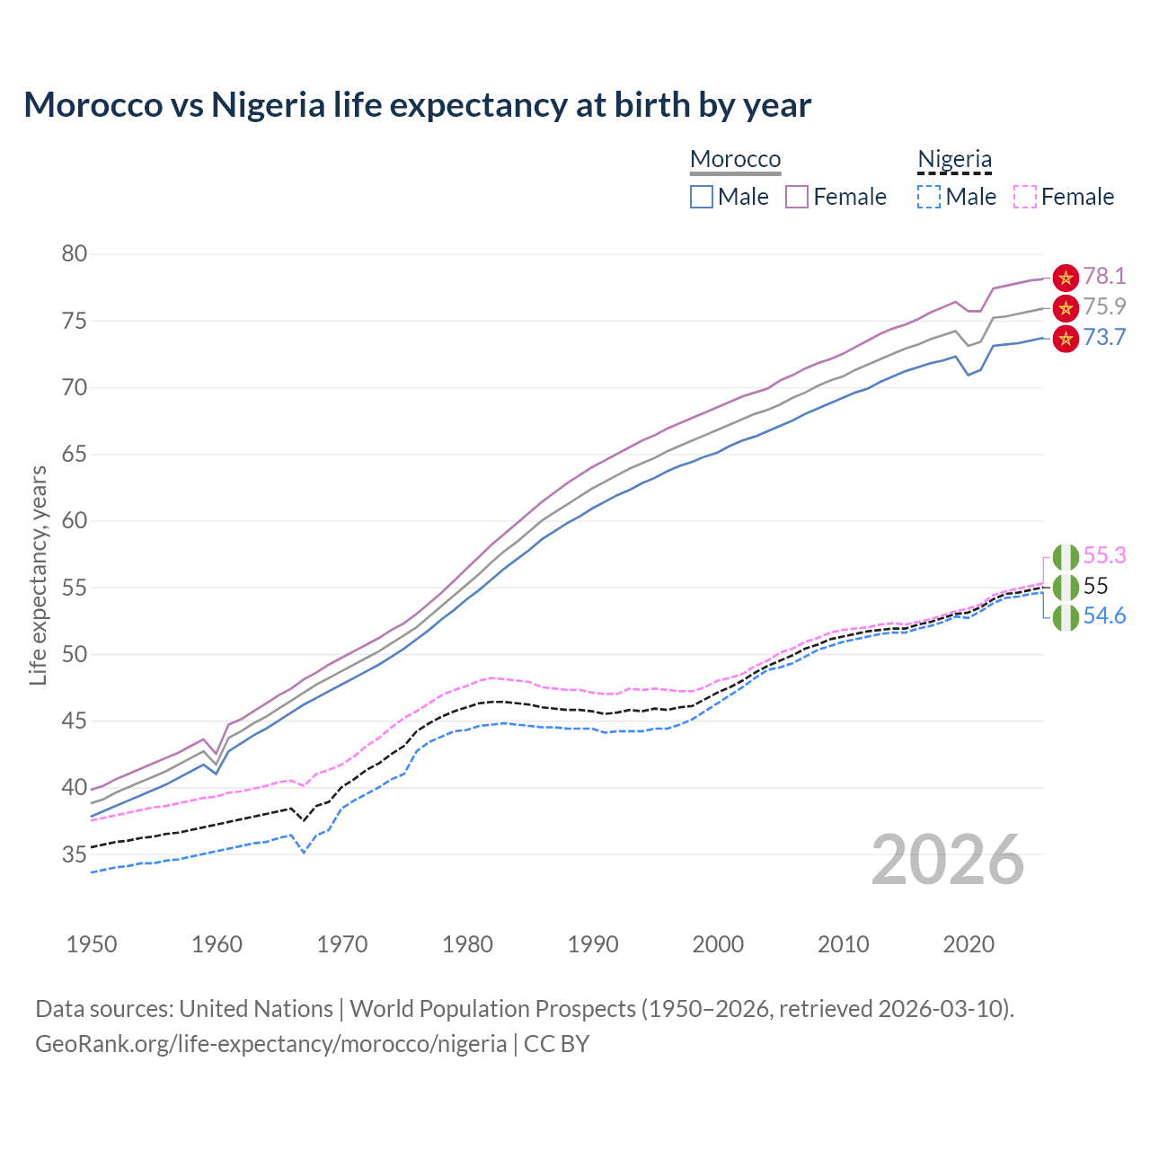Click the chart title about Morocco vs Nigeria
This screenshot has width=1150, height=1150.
(417, 105)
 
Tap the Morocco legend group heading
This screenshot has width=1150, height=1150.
(735, 159)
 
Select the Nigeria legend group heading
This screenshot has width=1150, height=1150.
(954, 159)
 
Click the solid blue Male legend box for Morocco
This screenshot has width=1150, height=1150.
(702, 197)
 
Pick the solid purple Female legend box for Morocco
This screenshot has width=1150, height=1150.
(797, 197)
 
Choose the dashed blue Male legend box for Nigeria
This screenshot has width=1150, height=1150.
(929, 197)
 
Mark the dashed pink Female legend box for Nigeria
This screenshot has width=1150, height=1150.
(1025, 197)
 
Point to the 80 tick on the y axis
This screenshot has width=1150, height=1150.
(75, 254)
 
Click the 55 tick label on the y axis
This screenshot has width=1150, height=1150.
(75, 588)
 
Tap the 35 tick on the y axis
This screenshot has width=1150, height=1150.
(75, 854)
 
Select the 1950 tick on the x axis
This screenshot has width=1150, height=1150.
(92, 944)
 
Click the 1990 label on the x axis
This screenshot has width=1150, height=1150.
(593, 944)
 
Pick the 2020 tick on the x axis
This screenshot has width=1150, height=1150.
(969, 944)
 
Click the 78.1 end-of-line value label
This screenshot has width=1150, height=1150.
(1104, 276)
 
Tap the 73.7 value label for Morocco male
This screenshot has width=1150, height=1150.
(1104, 337)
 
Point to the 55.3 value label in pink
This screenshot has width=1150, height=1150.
(1104, 555)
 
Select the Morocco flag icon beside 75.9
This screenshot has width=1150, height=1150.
(1066, 308)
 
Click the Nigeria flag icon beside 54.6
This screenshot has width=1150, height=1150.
(1066, 617)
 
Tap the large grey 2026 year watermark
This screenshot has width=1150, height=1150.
(948, 860)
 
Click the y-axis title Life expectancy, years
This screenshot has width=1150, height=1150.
(38, 575)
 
